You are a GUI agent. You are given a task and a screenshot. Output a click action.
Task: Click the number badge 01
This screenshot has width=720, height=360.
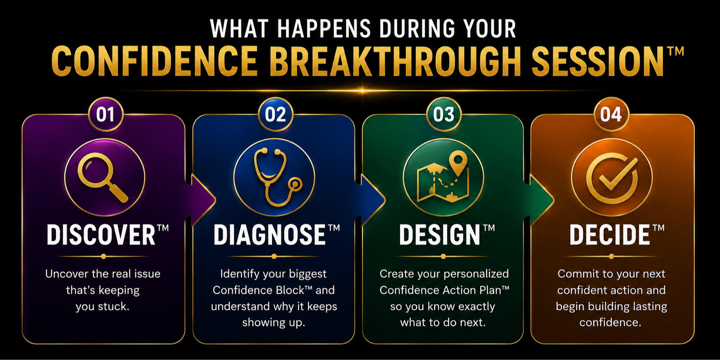(x=106, y=114)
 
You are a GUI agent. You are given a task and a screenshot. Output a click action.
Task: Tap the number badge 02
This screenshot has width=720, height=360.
(x=275, y=114)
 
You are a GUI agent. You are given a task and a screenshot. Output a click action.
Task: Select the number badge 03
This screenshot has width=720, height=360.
(x=444, y=114)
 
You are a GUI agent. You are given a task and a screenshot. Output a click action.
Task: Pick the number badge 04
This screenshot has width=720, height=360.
(x=611, y=114)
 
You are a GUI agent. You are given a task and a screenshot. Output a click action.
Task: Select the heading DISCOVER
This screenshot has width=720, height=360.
(x=101, y=235)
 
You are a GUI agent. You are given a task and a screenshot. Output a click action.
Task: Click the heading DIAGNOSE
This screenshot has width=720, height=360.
(x=269, y=235)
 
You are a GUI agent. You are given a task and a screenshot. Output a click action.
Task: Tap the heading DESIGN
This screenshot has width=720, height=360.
(x=440, y=235)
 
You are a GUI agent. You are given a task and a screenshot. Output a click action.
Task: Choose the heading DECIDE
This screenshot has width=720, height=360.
(x=610, y=235)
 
